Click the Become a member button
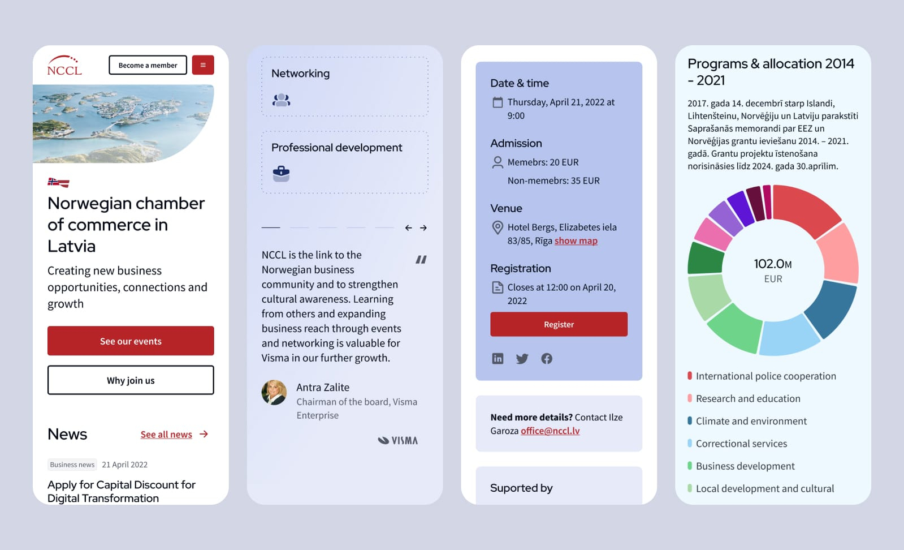coord(148,65)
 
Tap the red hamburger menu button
coord(203,65)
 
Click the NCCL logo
coord(64,66)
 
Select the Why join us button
coord(131,380)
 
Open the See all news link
coord(166,435)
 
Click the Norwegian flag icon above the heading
coord(58,182)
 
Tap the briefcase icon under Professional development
coord(281,173)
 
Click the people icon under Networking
coord(281,100)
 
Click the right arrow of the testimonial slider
coord(423,228)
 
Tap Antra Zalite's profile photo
coord(274,392)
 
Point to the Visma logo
coord(398,440)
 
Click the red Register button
coord(559,324)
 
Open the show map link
coord(576,241)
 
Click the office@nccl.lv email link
coord(550,431)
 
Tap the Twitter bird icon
coord(522,359)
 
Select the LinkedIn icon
coord(498,359)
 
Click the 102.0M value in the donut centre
coord(772,264)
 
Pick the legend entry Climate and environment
coord(751,421)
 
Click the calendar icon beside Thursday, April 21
coord(498,102)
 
